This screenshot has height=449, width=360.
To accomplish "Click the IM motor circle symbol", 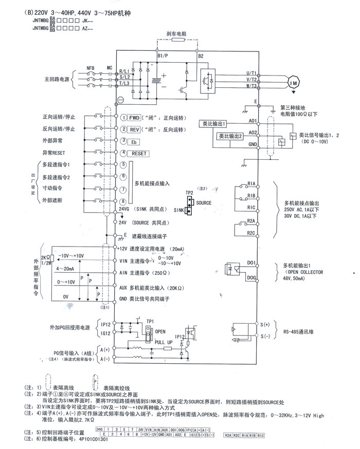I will coord(294,83).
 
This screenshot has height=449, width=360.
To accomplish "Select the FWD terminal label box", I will coord(135,117).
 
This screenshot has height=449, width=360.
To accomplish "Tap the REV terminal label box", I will coord(135,129).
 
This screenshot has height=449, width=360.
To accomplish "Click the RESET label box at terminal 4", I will coord(139,154).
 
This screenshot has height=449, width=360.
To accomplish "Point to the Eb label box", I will coord(133,141).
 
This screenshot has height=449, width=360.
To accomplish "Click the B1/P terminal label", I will coord(163,55).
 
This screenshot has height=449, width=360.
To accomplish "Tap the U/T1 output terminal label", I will coord(251,73).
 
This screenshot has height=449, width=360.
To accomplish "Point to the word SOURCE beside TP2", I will coord(204,203).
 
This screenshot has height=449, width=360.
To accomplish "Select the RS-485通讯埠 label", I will coord(299,332).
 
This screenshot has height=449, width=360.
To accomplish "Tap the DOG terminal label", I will coord(251,277).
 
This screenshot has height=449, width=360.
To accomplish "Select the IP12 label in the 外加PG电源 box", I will coord(105,325).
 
